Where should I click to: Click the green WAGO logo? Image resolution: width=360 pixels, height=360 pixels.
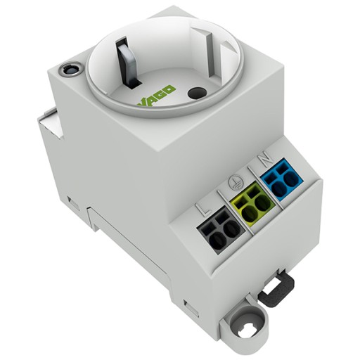click(156, 97)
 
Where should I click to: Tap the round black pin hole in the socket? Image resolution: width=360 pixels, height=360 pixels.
click(197, 94)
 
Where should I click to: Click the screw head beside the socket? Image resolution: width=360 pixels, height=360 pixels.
click(70, 69)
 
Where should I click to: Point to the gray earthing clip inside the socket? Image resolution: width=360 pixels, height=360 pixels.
click(127, 63)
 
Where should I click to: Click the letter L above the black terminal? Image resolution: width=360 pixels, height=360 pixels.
click(204, 210)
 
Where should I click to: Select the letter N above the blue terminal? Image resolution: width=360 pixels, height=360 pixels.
click(266, 162)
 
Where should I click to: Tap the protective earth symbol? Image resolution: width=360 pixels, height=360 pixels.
click(236, 182)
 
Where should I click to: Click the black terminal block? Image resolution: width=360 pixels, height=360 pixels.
click(221, 231)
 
